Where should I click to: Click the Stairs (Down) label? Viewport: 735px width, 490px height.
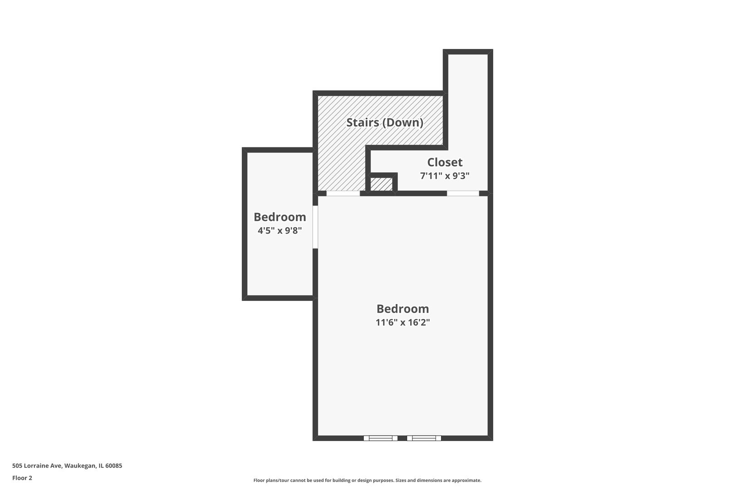click(385, 122)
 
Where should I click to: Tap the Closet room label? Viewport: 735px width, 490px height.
click(445, 162)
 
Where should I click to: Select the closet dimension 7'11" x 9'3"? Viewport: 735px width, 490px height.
click(445, 176)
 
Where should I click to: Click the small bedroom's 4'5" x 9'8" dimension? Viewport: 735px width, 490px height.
click(280, 230)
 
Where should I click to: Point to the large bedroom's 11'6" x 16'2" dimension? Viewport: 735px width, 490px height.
click(402, 323)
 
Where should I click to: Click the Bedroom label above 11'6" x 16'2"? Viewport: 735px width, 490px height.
click(402, 309)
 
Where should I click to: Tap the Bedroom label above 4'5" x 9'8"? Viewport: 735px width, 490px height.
click(280, 217)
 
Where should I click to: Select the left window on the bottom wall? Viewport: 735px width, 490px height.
click(380, 438)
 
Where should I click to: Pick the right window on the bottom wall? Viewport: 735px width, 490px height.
click(424, 438)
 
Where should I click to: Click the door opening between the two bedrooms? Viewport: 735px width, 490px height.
click(315, 227)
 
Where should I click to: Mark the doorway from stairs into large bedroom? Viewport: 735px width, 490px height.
click(343, 193)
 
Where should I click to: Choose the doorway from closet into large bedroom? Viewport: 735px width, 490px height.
click(463, 193)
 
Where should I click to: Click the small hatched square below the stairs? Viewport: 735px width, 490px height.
click(381, 184)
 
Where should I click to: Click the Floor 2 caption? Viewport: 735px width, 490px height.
click(22, 478)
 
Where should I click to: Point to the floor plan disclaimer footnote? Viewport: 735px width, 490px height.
click(367, 480)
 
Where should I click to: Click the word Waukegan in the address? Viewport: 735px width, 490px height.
click(79, 465)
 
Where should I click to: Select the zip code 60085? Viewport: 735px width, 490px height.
click(113, 465)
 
